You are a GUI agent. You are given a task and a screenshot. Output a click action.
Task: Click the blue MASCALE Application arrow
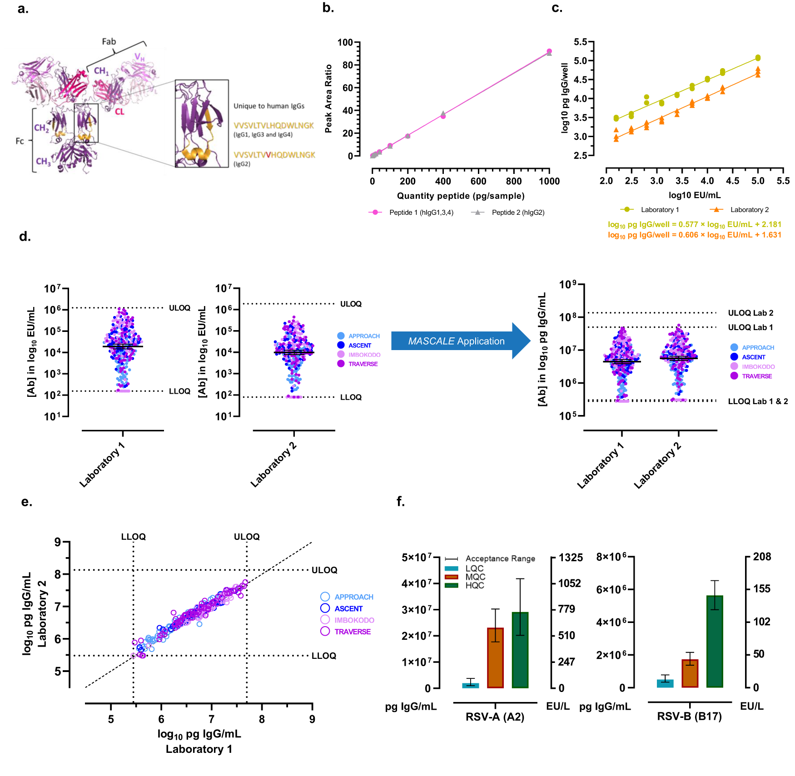pyautogui.click(x=456, y=341)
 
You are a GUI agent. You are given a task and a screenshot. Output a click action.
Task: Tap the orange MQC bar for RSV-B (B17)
pyautogui.click(x=690, y=673)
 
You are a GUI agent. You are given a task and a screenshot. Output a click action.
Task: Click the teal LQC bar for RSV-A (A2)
pyautogui.click(x=470, y=685)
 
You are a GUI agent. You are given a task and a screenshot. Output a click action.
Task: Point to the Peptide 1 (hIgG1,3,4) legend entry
pyautogui.click(x=420, y=213)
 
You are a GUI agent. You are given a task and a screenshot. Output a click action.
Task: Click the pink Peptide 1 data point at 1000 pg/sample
pyautogui.click(x=549, y=51)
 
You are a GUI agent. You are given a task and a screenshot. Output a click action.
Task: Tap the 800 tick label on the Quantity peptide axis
pyautogui.click(x=514, y=181)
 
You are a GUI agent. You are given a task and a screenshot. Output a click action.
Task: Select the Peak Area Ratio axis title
pyautogui.click(x=328, y=99)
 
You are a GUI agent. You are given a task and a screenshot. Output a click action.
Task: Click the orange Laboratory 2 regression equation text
pyautogui.click(x=694, y=235)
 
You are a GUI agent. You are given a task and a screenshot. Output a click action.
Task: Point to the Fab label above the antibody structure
pyautogui.click(x=109, y=41)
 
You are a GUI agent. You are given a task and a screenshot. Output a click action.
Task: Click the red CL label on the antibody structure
pyautogui.click(x=119, y=111)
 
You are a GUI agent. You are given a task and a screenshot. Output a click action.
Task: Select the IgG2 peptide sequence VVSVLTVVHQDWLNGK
pyautogui.click(x=274, y=155)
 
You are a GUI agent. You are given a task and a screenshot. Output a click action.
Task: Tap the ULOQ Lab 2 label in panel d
pyautogui.click(x=750, y=313)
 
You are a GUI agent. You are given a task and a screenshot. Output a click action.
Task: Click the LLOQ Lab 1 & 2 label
pyautogui.click(x=757, y=401)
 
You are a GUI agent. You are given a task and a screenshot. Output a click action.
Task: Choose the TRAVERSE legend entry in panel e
pyautogui.click(x=352, y=632)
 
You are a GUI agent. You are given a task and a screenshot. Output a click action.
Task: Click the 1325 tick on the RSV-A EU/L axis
pyautogui.click(x=571, y=558)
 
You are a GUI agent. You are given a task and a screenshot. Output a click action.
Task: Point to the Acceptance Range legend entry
pyautogui.click(x=500, y=559)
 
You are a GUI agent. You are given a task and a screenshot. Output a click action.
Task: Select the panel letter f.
pyautogui.click(x=400, y=501)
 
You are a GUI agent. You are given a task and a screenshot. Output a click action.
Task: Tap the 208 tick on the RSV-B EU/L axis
pyautogui.click(x=762, y=557)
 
